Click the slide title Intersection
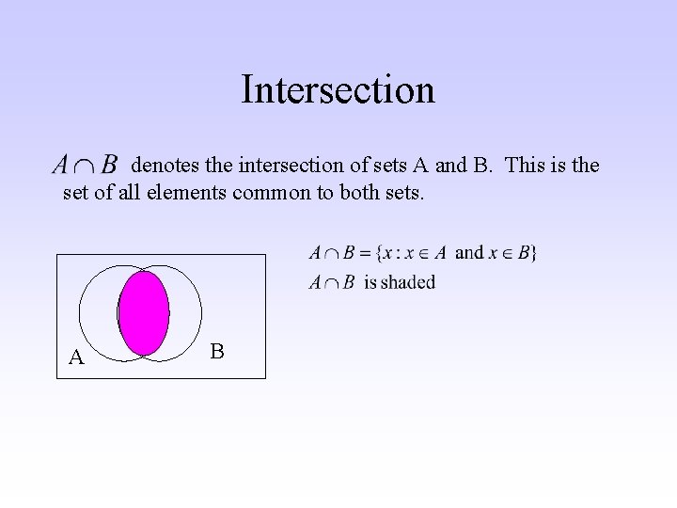(x=338, y=90)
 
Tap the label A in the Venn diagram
(x=76, y=357)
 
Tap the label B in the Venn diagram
(x=216, y=352)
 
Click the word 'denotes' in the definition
(x=165, y=166)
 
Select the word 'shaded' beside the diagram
(x=409, y=282)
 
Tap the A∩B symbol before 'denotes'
(x=85, y=166)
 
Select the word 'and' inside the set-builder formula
(x=469, y=252)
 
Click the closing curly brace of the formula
(x=534, y=253)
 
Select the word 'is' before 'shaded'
(x=370, y=282)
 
